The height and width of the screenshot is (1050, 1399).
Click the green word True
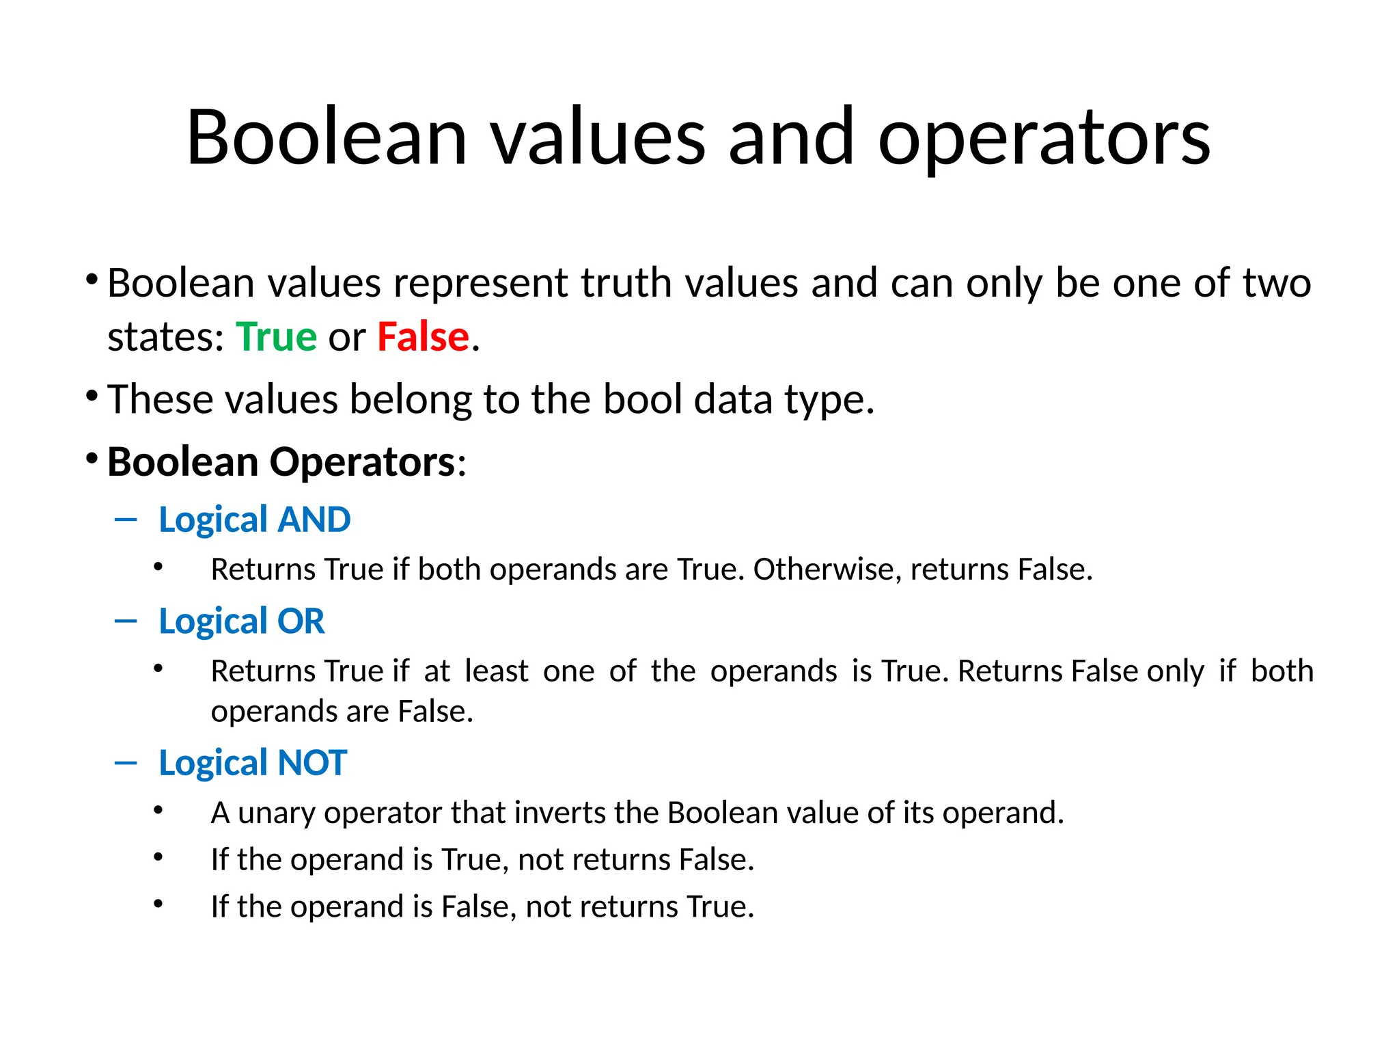coord(276,337)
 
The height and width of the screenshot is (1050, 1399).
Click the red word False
coord(423,337)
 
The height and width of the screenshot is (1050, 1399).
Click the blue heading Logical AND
coord(254,520)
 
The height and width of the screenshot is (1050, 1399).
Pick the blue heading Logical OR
coord(241,621)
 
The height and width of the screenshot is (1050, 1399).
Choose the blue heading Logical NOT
coord(253,763)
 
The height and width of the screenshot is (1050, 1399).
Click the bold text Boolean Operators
coord(281,462)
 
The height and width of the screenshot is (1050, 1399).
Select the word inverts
coord(559,813)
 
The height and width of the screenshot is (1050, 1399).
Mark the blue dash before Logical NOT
coord(126,763)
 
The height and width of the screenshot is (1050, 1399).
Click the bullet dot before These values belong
coord(92,396)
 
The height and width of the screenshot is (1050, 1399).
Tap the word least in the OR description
coord(496,671)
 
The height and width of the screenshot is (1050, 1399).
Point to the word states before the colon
coord(162,338)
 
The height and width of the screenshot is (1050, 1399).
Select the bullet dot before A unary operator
coord(158,811)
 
